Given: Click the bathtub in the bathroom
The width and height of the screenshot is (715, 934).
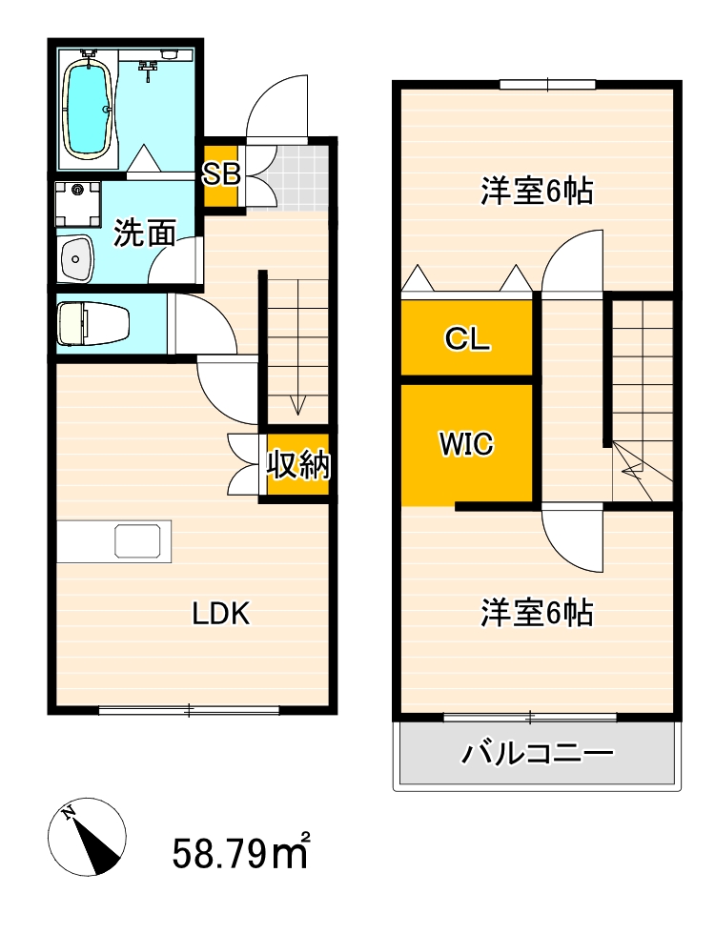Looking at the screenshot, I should pyautogui.click(x=90, y=105).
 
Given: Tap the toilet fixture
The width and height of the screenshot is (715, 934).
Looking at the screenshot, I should pyautogui.click(x=92, y=323).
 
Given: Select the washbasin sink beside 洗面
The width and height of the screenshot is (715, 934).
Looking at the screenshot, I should pyautogui.click(x=75, y=257).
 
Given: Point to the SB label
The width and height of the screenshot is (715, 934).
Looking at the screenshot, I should pyautogui.click(x=221, y=174).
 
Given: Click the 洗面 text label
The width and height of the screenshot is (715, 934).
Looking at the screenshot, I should pyautogui.click(x=145, y=233).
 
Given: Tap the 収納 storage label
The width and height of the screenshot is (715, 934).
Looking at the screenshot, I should pyautogui.click(x=297, y=465).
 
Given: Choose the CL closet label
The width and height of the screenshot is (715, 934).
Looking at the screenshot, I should pyautogui.click(x=467, y=338).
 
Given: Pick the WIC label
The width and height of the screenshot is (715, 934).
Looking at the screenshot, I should pyautogui.click(x=466, y=444).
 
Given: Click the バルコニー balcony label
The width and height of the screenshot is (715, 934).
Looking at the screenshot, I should pyautogui.click(x=537, y=755).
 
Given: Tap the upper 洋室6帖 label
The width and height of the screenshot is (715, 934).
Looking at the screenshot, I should pyautogui.click(x=537, y=192).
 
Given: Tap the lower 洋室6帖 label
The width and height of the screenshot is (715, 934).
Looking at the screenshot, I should pyautogui.click(x=537, y=612).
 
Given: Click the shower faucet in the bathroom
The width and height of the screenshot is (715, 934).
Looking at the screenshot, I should pyautogui.click(x=148, y=67).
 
